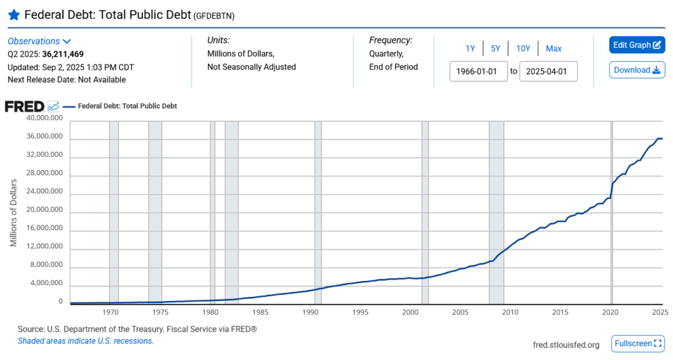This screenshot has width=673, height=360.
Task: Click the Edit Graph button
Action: click(637, 45)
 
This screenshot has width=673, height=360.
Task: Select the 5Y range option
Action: click(496, 49)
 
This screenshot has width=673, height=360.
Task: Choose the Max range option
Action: click(553, 49)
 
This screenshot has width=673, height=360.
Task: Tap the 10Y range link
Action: click(523, 49)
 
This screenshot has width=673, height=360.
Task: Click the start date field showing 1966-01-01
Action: click(478, 71)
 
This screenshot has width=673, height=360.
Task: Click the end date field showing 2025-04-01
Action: click(548, 71)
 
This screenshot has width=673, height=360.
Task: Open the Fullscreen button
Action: click(637, 344)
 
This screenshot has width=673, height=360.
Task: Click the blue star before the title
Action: click(14, 15)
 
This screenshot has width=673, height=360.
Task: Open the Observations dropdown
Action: click(39, 41)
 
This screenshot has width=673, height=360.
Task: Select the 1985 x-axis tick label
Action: click(260, 312)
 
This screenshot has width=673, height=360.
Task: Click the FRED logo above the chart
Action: click(25, 106)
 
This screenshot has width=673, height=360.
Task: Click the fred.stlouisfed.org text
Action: click(566, 344)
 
